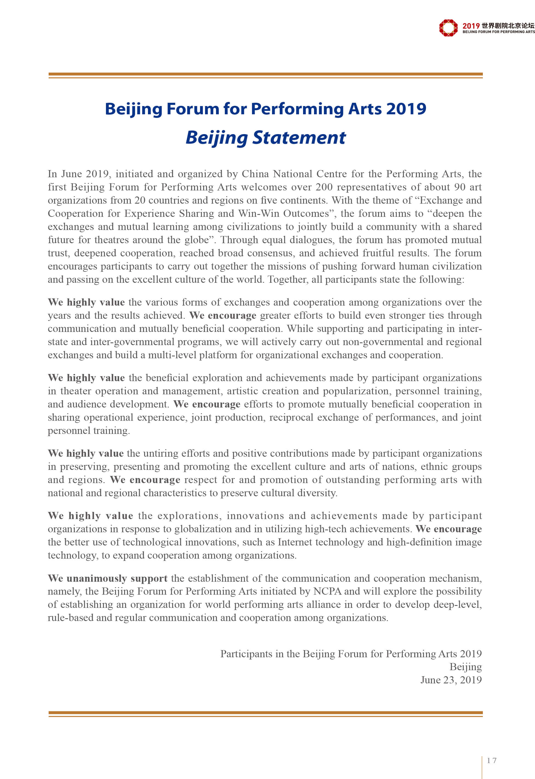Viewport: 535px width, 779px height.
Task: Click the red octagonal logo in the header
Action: click(448, 28)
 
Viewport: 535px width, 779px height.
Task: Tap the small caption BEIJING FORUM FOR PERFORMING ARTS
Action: click(498, 32)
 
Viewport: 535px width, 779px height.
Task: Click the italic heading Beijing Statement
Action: click(265, 138)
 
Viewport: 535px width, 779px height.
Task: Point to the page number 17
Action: click(492, 761)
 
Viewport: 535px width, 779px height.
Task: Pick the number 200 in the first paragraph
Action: click(324, 187)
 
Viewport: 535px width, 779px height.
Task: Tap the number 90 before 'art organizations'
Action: click(460, 187)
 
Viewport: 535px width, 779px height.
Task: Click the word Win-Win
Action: click(259, 214)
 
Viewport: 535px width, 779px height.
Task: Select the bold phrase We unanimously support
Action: click(107, 578)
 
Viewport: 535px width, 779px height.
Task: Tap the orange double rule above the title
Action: click(265, 75)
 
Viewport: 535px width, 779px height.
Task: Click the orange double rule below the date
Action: click(265, 714)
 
